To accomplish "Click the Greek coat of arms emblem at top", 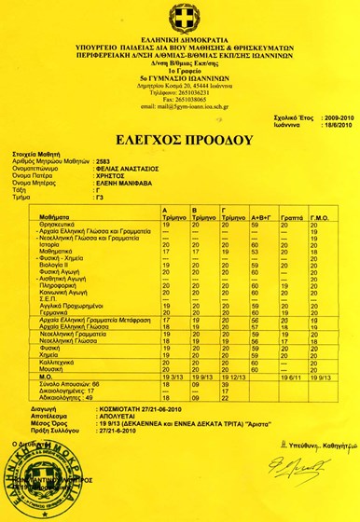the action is tap(179, 16).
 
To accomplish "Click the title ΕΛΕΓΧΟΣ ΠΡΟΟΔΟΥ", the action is tap(180, 141).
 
